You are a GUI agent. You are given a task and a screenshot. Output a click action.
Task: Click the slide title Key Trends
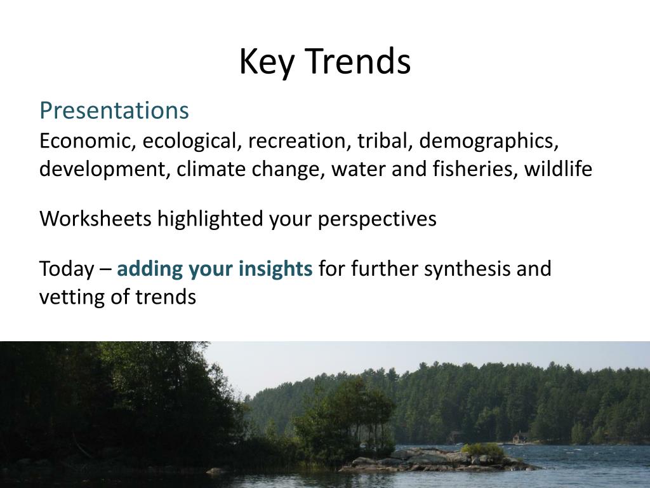pos(324,62)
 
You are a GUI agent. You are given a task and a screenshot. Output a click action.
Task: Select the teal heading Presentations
pos(114,111)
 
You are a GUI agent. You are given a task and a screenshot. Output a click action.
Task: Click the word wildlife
pos(558,170)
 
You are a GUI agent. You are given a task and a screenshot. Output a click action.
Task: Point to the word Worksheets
pos(96,219)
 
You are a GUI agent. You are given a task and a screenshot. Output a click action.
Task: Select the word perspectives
pos(377,219)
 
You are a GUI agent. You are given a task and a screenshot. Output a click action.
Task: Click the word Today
pos(66,269)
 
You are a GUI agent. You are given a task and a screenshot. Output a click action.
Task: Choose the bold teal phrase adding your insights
pos(215,269)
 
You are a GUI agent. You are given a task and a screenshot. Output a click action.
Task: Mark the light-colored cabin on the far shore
pos(520,437)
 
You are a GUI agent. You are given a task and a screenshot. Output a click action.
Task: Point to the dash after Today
pos(105,269)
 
